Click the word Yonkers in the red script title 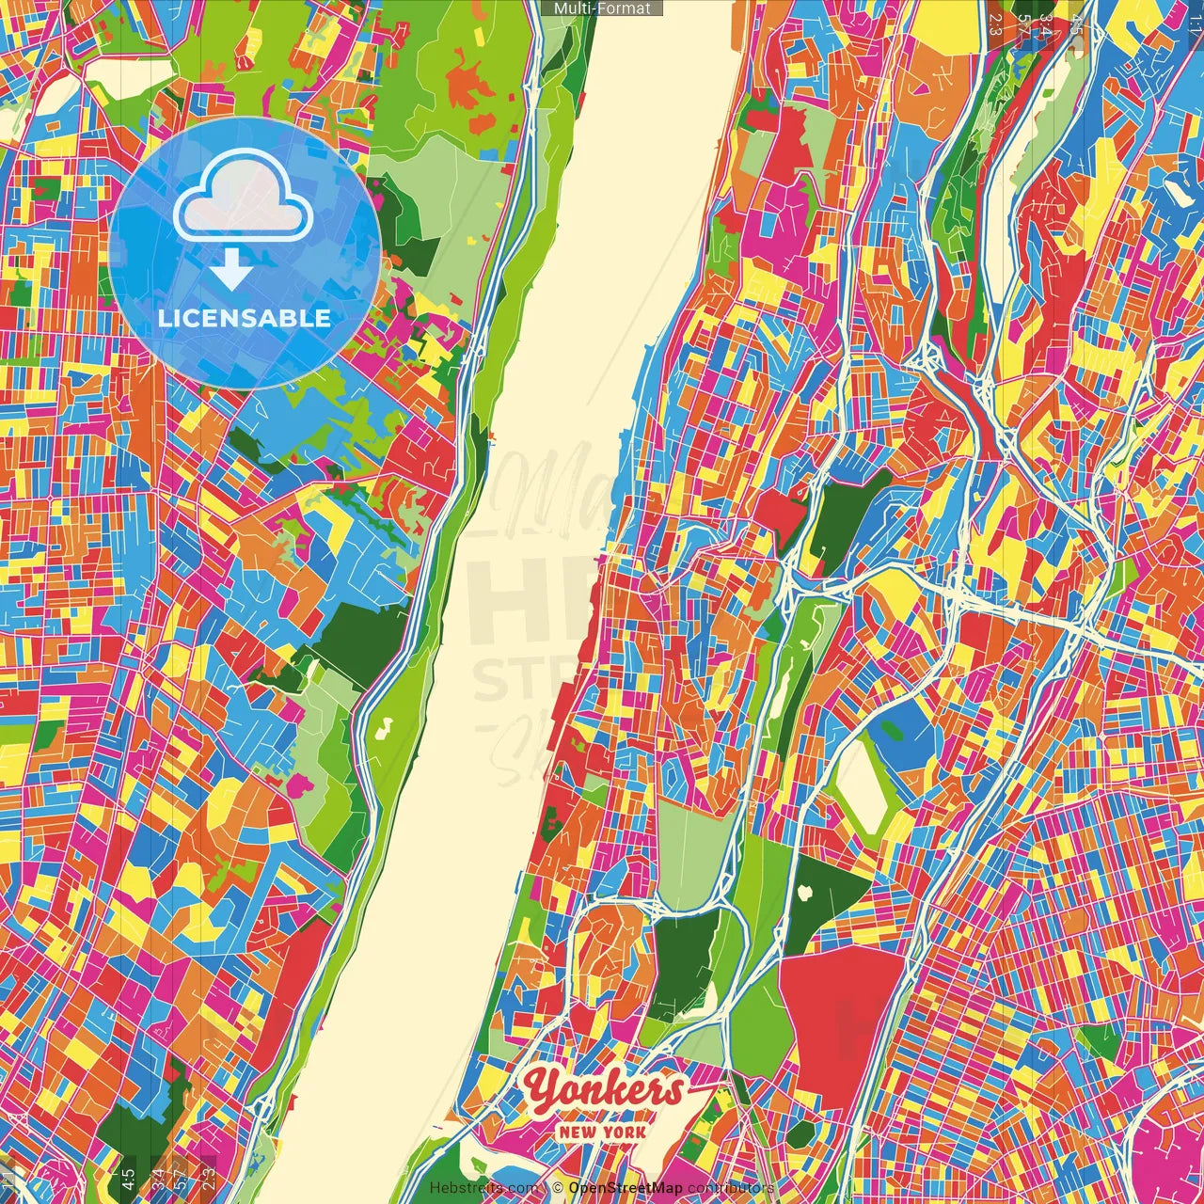point(604,1089)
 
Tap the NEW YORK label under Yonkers point(603,1132)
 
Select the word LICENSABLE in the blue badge point(245,318)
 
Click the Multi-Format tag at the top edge point(602,8)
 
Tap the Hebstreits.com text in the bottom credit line point(484,1188)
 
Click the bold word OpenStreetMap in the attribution point(626,1188)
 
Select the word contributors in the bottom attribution point(730,1188)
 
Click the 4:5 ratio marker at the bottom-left point(128,1178)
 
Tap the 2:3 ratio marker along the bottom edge point(209,1178)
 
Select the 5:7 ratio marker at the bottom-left point(182,1178)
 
